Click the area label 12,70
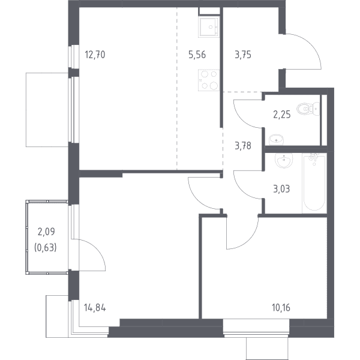pyautogui.click(x=95, y=55)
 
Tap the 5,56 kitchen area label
pyautogui.click(x=197, y=55)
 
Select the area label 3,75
pyautogui.click(x=243, y=55)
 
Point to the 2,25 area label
pyautogui.click(x=282, y=115)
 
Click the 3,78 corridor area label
pyautogui.click(x=243, y=146)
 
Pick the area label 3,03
pyautogui.click(x=281, y=189)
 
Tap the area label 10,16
pyautogui.click(x=281, y=308)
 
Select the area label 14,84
pyautogui.click(x=95, y=308)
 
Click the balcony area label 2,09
pyautogui.click(x=46, y=232)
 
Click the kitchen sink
pyautogui.click(x=208, y=27)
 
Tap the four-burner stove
pyautogui.click(x=209, y=80)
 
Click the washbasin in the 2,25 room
pyautogui.click(x=276, y=139)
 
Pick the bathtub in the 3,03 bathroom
pyautogui.click(x=314, y=183)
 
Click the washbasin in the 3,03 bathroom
pyautogui.click(x=284, y=160)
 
